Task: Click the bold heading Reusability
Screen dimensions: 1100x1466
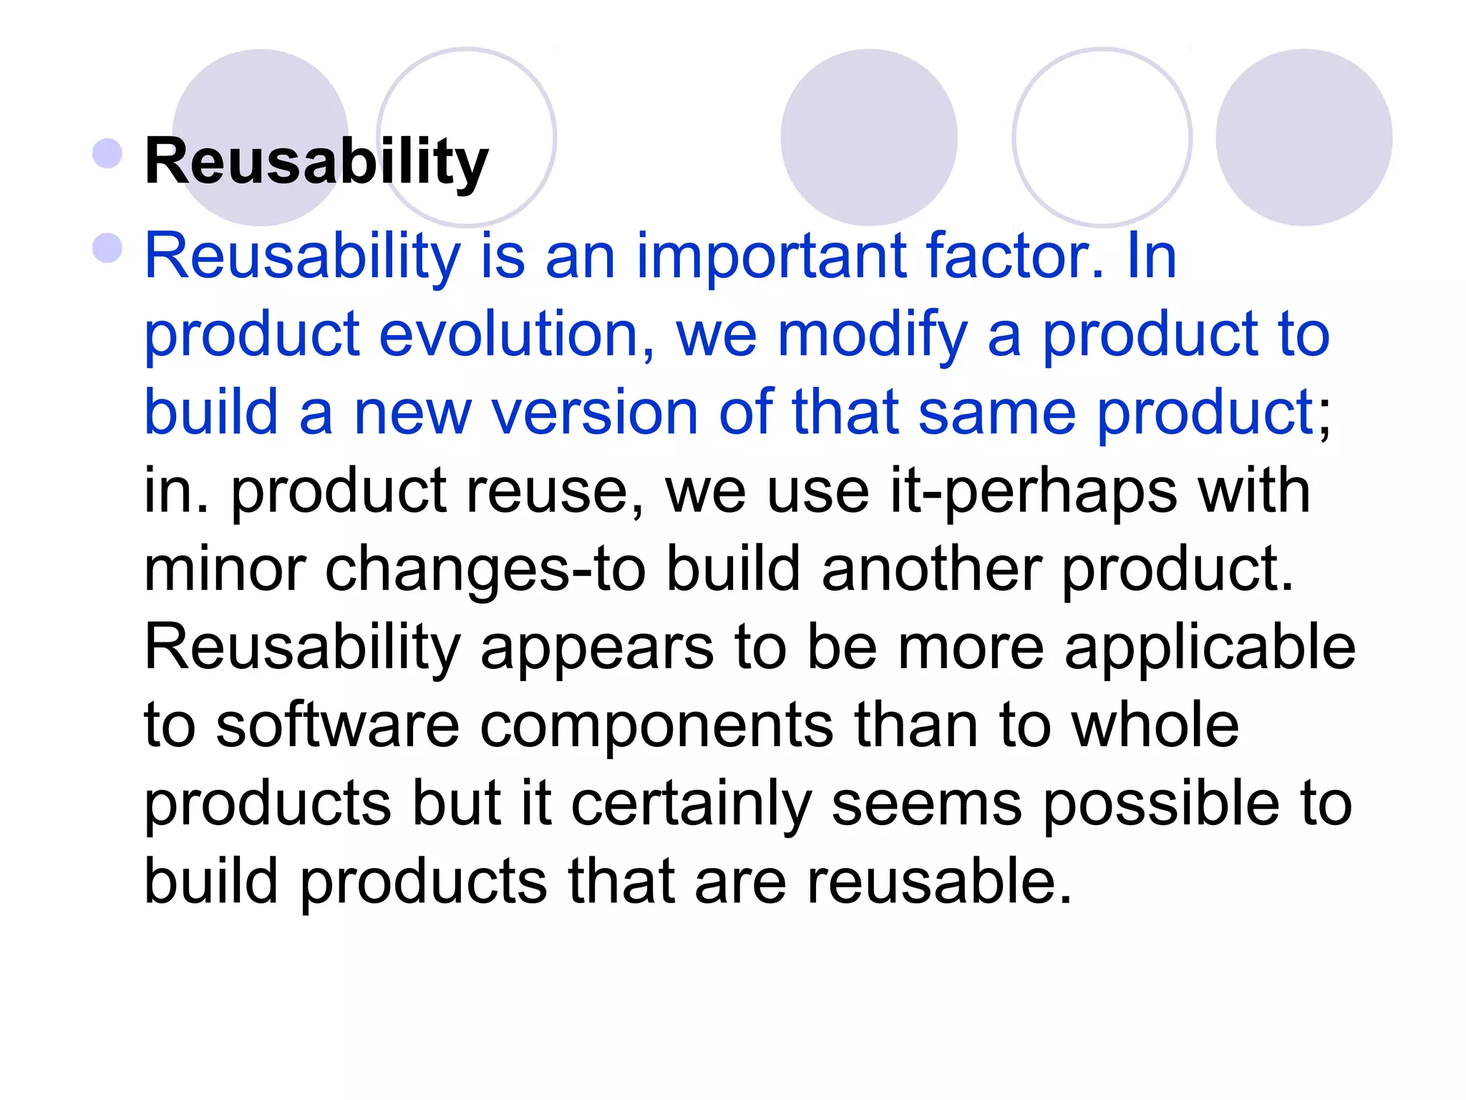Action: click(x=316, y=162)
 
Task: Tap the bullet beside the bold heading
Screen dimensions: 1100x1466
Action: click(x=108, y=153)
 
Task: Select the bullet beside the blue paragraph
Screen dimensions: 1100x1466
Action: click(x=108, y=248)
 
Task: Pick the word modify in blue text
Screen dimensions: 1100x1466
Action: click(x=872, y=336)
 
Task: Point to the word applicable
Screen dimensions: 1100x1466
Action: click(x=1210, y=648)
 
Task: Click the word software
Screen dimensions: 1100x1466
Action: click(x=337, y=725)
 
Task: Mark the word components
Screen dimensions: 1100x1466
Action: click(x=656, y=727)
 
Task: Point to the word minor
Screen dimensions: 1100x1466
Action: click(x=225, y=570)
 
